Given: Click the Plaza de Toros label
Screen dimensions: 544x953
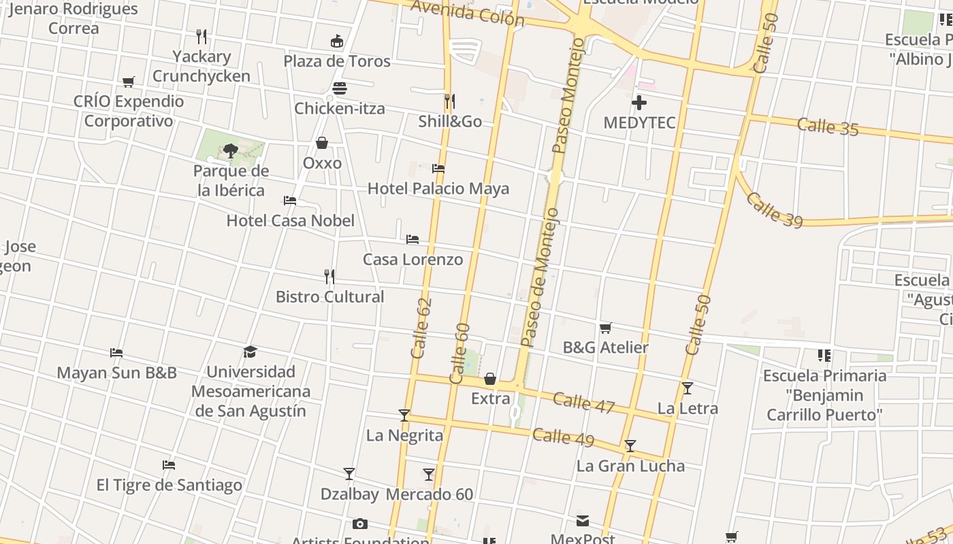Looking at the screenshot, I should [x=337, y=61].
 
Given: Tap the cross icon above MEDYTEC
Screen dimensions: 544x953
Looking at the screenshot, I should [x=639, y=103].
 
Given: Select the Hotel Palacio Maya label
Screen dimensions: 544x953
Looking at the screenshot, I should [x=438, y=188].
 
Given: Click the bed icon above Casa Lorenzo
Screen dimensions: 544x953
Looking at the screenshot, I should [x=412, y=239].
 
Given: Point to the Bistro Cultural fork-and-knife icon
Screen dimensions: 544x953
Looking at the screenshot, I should [x=329, y=276].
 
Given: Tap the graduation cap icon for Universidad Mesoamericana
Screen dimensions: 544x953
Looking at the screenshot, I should [x=251, y=352].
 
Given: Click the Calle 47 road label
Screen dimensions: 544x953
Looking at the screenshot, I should [x=583, y=403].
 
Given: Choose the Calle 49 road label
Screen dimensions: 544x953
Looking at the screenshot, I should [x=563, y=437].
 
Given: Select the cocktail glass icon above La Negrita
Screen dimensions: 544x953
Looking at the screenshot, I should [x=404, y=415].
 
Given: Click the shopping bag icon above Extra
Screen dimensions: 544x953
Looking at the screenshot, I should [x=490, y=379].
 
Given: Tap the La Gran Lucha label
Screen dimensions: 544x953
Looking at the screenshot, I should [x=630, y=466].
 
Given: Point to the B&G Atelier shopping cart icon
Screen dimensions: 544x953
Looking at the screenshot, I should [x=605, y=328].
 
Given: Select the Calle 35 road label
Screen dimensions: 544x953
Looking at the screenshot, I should [x=827, y=127].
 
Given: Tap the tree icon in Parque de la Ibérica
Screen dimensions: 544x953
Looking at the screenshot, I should [x=230, y=150].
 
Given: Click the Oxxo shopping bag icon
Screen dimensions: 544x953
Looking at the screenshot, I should [x=322, y=143].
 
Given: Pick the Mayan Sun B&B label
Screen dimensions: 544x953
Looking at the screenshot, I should [x=116, y=373].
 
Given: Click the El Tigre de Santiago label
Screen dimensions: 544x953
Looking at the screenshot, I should [x=169, y=486].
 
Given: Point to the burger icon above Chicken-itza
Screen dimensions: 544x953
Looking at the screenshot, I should [x=340, y=88].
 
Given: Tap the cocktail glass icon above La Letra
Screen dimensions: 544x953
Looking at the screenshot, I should [x=688, y=388].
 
